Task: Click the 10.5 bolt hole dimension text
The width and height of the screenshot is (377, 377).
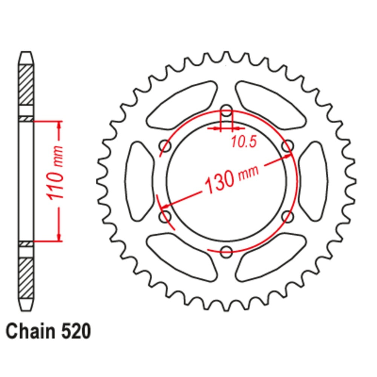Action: (x=244, y=142)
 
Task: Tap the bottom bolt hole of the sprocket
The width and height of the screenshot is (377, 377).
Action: (x=226, y=252)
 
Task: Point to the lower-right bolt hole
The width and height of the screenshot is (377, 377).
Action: (x=287, y=217)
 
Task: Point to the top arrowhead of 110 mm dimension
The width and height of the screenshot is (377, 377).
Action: (x=59, y=126)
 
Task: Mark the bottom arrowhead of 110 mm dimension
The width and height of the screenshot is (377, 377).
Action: (x=59, y=236)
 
